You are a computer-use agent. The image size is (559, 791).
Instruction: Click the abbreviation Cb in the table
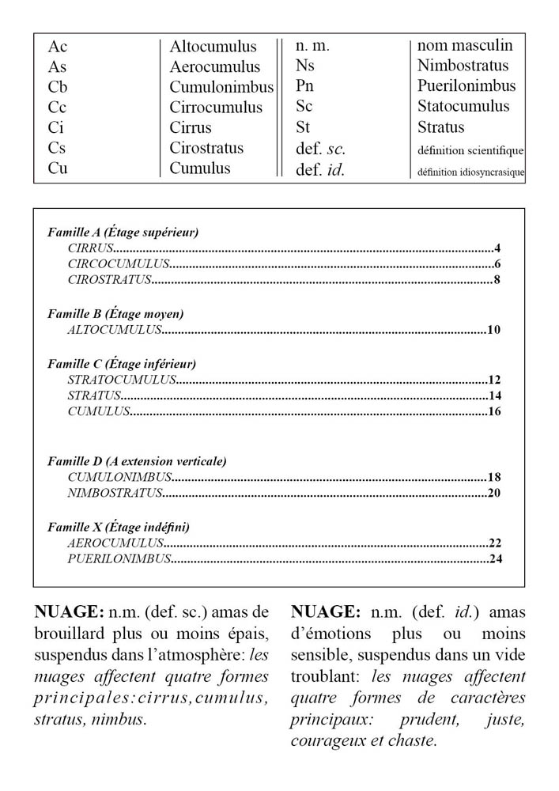(x=58, y=87)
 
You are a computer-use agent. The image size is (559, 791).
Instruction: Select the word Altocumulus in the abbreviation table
(x=213, y=47)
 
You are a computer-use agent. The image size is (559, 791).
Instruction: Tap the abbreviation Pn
(x=305, y=86)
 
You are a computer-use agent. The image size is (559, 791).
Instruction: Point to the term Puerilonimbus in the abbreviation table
(x=466, y=86)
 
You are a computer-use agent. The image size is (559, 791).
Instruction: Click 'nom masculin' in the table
(x=465, y=46)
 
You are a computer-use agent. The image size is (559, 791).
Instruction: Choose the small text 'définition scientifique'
(x=470, y=150)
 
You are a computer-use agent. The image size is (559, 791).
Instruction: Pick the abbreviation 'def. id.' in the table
(x=320, y=169)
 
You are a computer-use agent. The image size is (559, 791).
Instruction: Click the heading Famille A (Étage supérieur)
(x=123, y=233)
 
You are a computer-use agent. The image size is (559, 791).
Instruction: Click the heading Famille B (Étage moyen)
(x=115, y=314)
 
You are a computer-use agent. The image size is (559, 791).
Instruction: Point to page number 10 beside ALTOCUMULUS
(x=494, y=330)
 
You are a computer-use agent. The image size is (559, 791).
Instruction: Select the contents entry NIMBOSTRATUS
(x=115, y=494)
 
